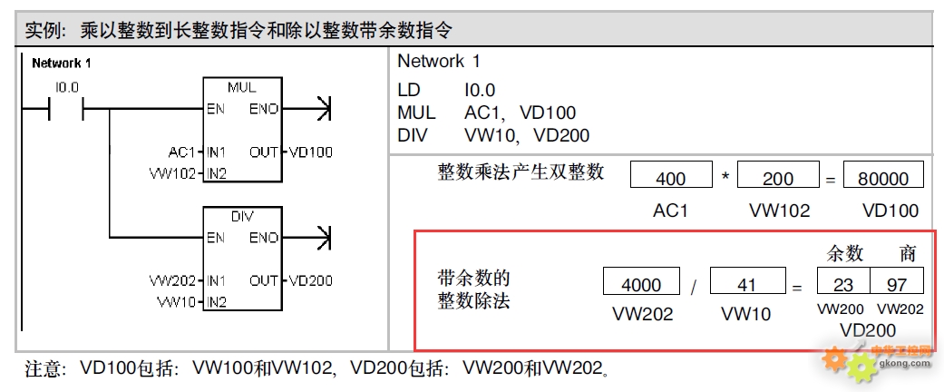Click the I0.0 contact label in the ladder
67,88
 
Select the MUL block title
242,88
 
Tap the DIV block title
242,217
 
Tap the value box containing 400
671,178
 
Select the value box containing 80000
883,178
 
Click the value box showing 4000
641,284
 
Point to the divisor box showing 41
746,284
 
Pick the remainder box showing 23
843,284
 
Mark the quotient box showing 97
897,284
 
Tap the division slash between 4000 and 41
694,286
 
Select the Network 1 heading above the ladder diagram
61,64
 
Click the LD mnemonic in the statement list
409,91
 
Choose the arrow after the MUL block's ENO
320,110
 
